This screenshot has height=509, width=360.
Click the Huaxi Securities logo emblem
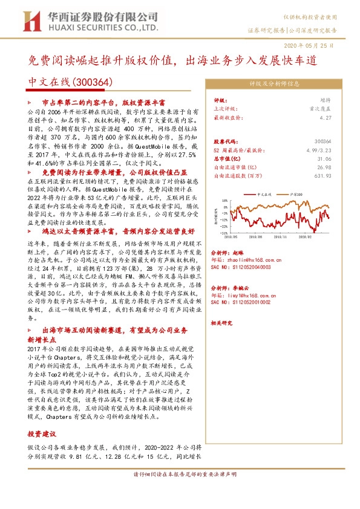[29, 21]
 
